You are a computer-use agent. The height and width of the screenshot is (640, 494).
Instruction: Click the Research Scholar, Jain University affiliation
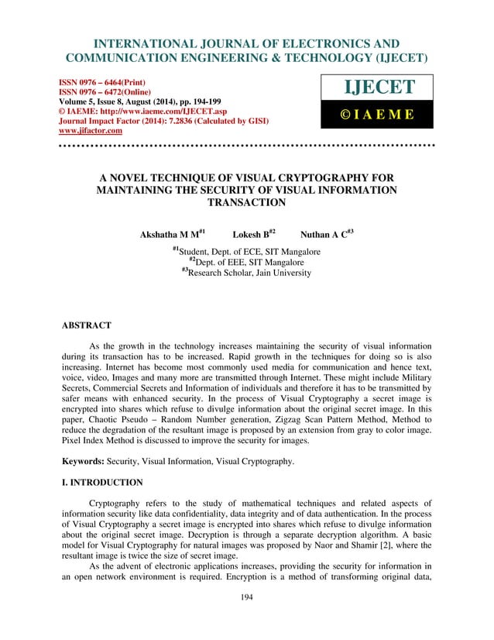point(250,273)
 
